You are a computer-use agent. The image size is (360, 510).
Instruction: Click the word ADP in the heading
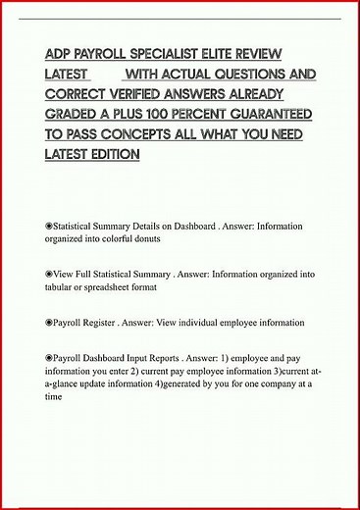tap(59, 55)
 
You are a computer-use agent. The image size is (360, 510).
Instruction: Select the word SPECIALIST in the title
tap(174, 55)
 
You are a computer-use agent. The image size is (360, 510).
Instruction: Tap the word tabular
tap(60, 288)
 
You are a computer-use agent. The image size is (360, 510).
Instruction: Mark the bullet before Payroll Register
tap(49, 323)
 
